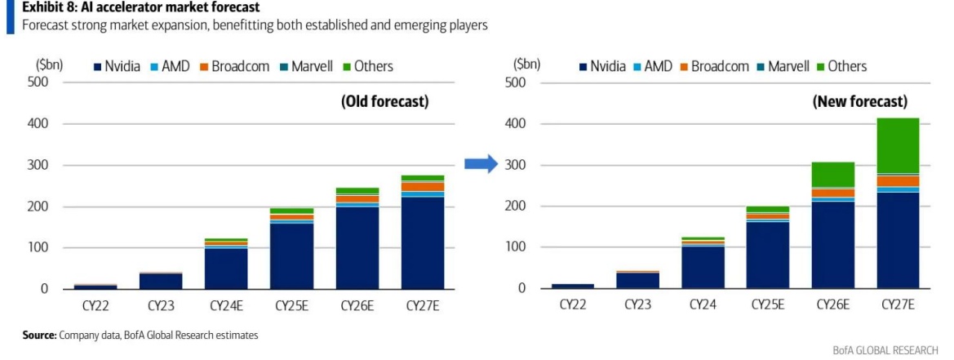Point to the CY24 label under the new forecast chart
[x=703, y=306]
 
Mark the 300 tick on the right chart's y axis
[x=513, y=165]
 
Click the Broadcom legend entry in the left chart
[x=242, y=66]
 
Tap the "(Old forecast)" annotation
[x=384, y=102]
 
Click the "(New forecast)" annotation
[x=859, y=102]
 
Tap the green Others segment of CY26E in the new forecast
[x=833, y=175]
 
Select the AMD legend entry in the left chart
[x=175, y=66]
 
